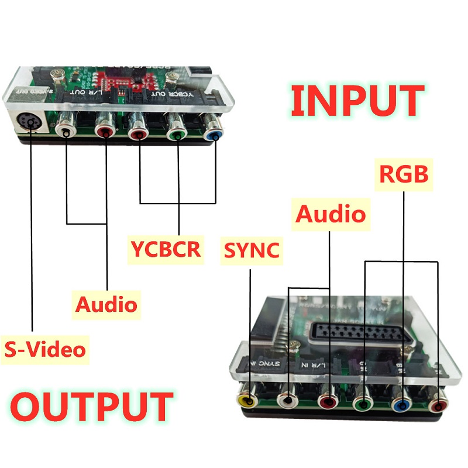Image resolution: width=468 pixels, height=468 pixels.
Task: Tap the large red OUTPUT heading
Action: pyautogui.click(x=92, y=408)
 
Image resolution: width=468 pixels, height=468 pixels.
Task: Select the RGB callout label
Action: pyautogui.click(x=404, y=174)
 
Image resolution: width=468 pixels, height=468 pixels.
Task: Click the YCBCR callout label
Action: pyautogui.click(x=166, y=249)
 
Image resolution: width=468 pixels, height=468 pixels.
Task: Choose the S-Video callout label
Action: pyautogui.click(x=45, y=349)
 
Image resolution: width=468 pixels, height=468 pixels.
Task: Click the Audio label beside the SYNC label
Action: pyautogui.click(x=331, y=214)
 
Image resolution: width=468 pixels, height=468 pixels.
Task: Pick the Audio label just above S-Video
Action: pyautogui.click(x=106, y=304)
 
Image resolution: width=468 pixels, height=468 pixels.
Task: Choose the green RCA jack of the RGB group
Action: pyautogui.click(x=364, y=402)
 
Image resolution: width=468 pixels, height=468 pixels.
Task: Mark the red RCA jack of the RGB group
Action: pyautogui.click(x=439, y=404)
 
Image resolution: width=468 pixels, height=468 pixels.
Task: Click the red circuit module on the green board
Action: pyautogui.click(x=116, y=80)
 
